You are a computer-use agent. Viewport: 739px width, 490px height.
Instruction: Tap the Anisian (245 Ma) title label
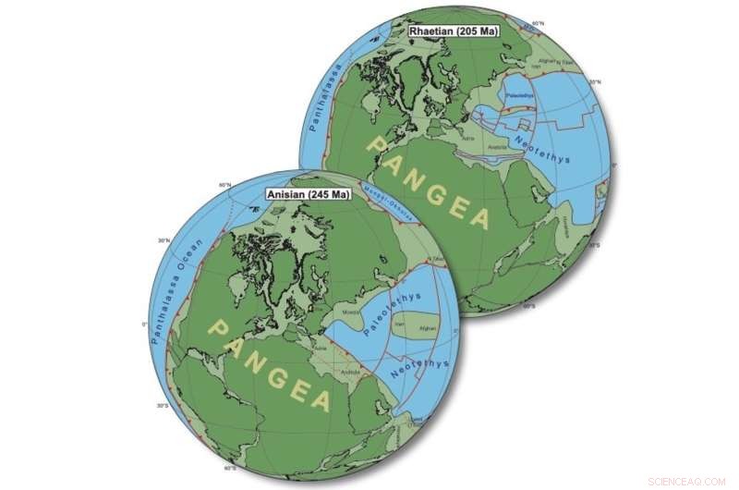coord(302,196)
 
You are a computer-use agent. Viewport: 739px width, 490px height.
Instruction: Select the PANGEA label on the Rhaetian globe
coord(429,179)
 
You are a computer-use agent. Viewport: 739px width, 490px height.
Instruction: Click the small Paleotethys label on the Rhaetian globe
coord(519,95)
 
